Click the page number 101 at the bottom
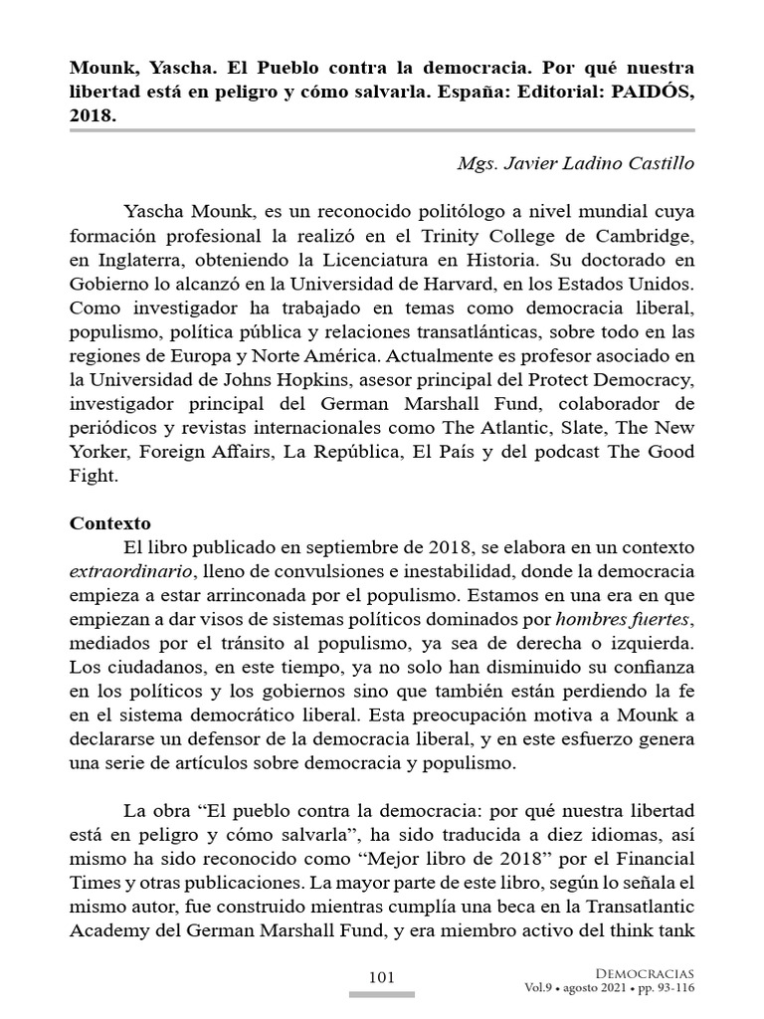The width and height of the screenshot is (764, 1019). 382,977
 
